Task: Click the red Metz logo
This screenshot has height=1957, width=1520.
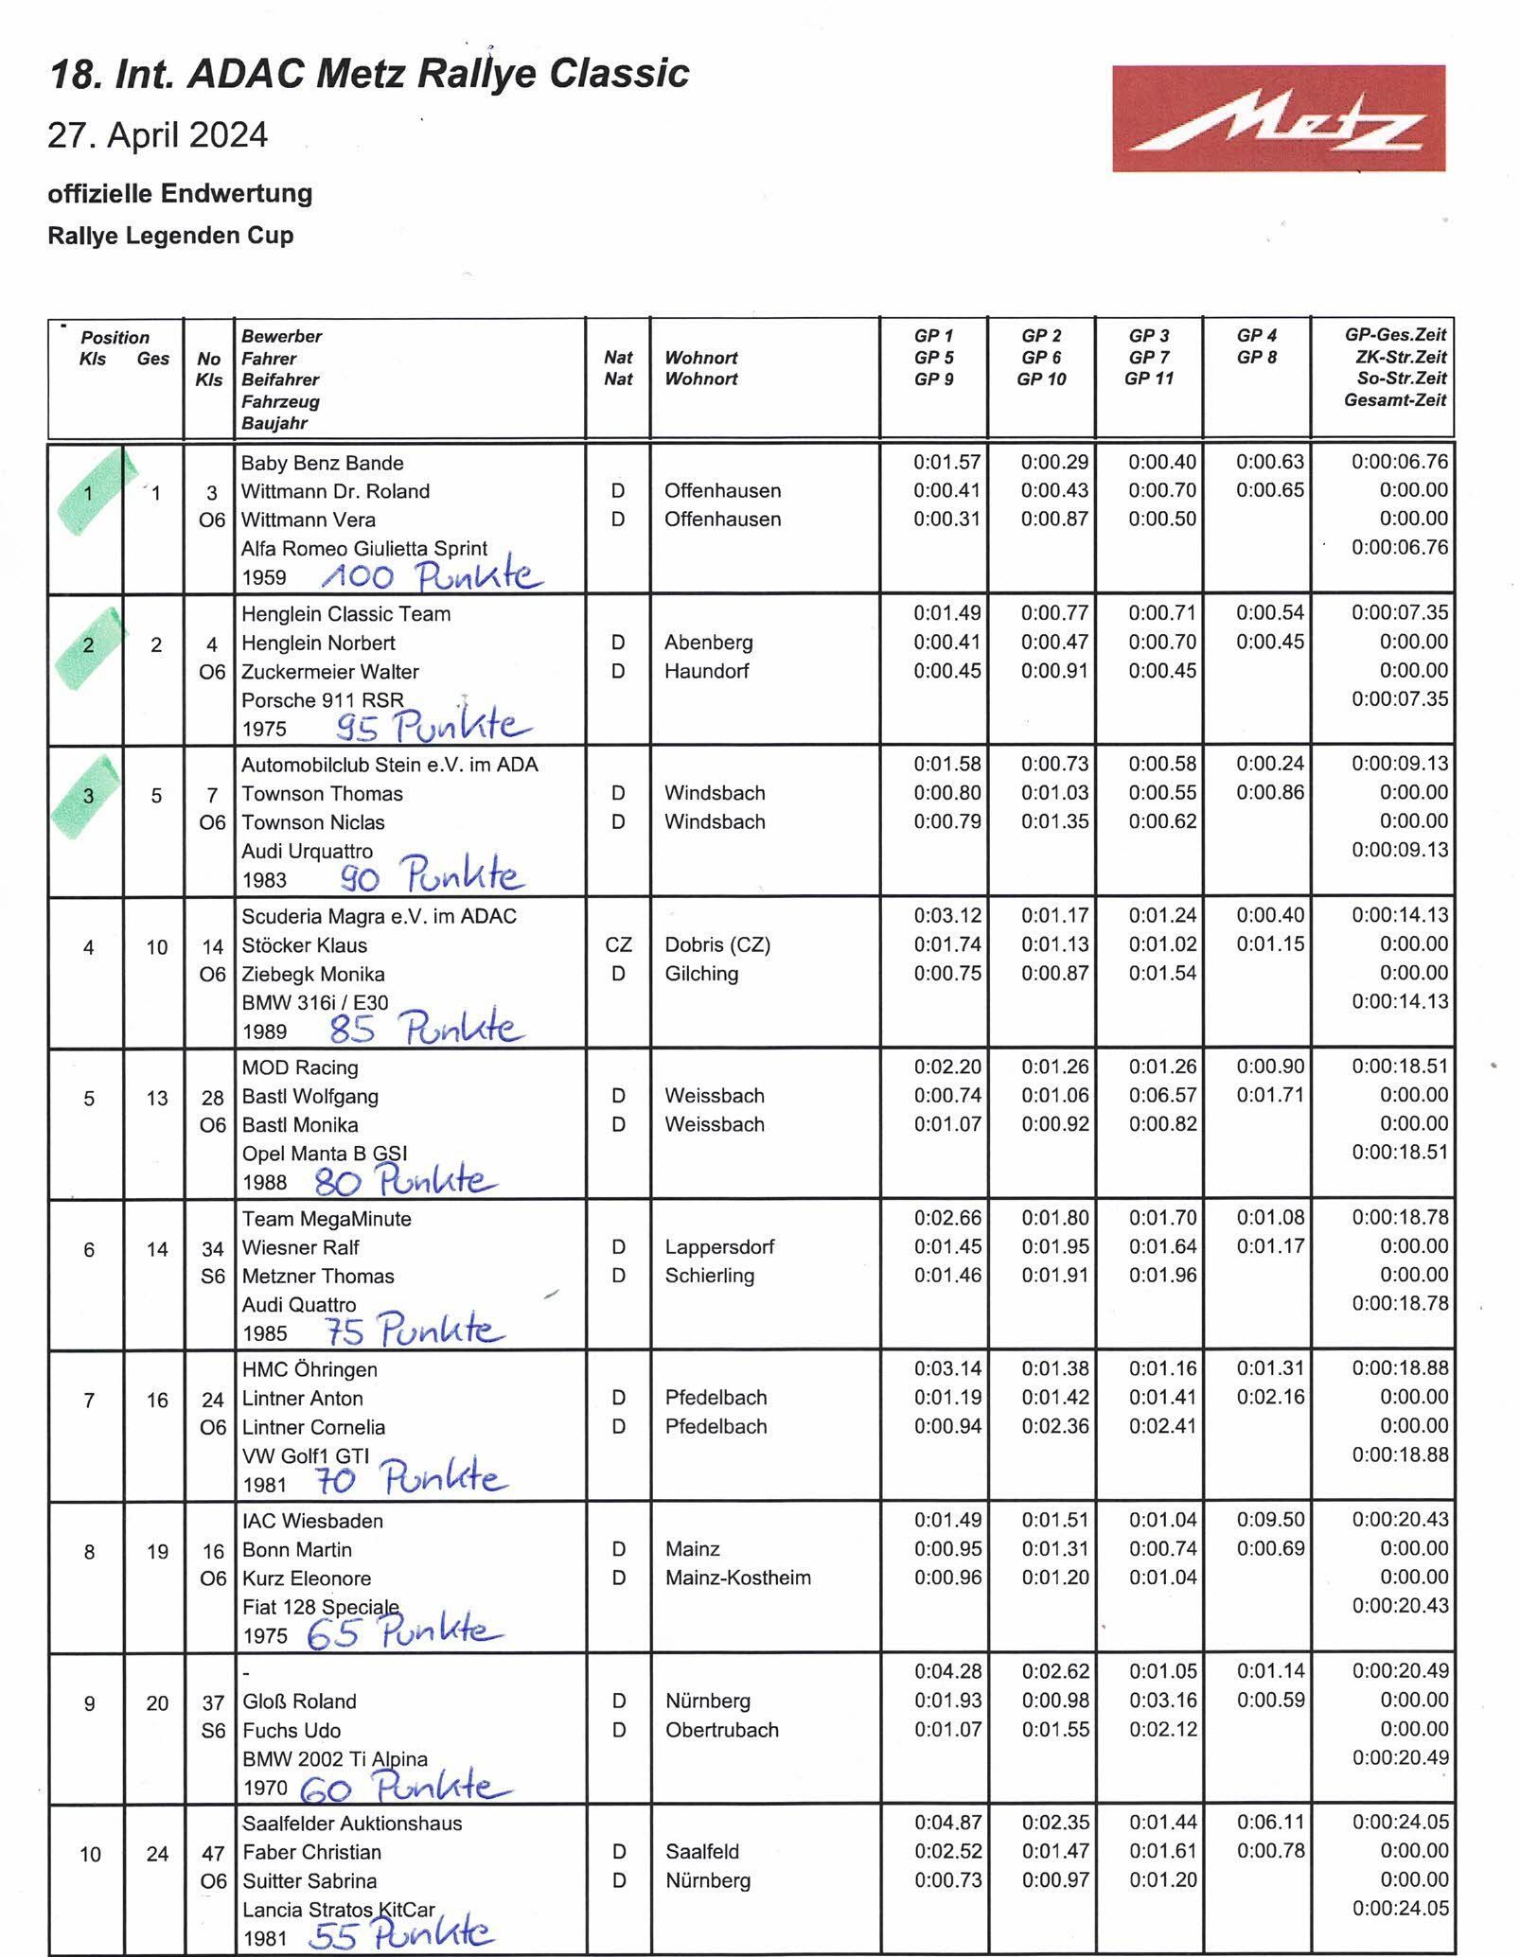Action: (1278, 118)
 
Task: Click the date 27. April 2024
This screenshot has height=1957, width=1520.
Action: (158, 135)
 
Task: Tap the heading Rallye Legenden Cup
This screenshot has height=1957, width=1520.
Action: (170, 236)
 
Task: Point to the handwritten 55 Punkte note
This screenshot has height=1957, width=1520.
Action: (399, 1934)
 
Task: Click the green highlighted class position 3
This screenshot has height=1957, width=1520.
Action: (88, 796)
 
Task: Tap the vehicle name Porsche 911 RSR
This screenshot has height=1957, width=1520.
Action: (322, 699)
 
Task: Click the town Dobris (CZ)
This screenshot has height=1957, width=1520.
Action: (716, 944)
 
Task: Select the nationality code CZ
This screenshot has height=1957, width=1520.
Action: (618, 944)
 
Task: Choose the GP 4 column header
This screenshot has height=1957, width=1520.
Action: (1256, 335)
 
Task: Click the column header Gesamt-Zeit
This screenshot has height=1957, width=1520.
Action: (1395, 399)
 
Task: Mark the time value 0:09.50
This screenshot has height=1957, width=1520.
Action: (1270, 1520)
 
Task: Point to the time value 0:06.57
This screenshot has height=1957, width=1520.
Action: (1162, 1095)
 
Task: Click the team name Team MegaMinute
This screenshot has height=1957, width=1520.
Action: (327, 1218)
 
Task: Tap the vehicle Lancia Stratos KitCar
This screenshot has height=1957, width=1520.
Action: (338, 1909)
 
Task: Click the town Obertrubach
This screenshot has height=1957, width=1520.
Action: (721, 1729)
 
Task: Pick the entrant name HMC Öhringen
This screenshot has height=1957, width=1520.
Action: (309, 1369)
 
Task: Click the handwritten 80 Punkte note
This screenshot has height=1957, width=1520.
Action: (403, 1180)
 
